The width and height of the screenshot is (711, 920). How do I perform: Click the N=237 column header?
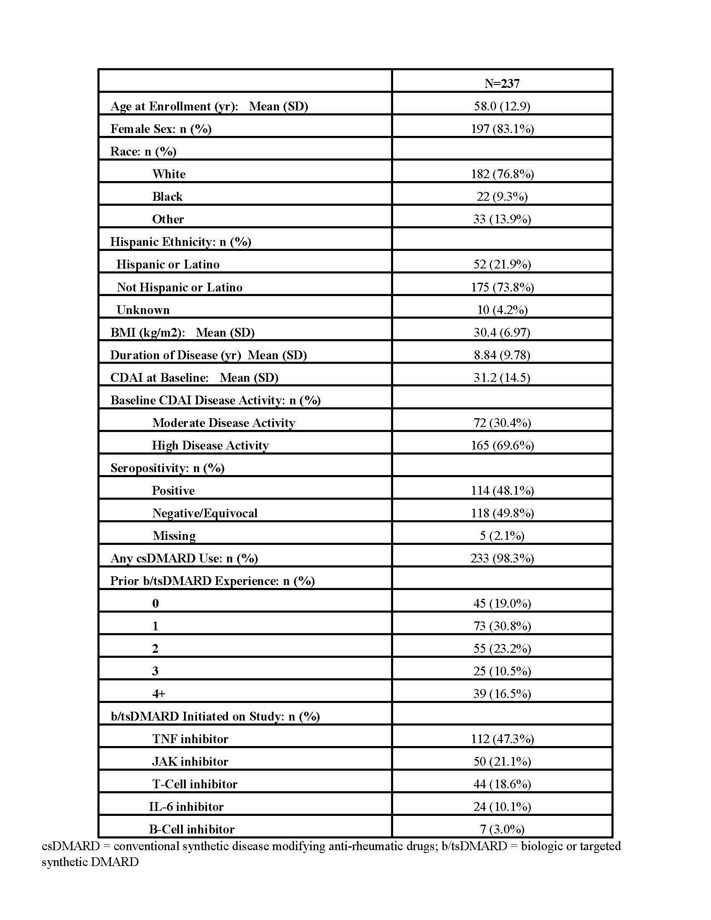pos(501,83)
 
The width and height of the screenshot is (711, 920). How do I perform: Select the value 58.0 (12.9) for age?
pos(501,106)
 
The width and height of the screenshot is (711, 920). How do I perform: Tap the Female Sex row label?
pos(161,129)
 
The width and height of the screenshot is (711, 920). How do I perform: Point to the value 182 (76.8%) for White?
pos(502,174)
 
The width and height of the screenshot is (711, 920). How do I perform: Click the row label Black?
pos(167,197)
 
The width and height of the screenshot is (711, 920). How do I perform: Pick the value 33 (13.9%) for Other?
pos(501,219)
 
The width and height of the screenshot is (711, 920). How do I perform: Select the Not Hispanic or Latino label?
pos(179,287)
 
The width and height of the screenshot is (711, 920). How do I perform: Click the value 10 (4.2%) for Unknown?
pos(501,310)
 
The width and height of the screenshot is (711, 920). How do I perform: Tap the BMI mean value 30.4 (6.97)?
pos(501,333)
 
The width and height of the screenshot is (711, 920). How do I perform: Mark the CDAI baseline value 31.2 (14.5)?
pos(501,378)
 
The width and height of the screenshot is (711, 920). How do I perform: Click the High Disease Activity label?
pos(210,446)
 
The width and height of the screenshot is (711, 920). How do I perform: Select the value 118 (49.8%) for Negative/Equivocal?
pos(502,513)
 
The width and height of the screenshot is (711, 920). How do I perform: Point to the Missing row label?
pos(174,536)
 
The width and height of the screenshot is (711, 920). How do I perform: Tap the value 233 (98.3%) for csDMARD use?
pos(502,559)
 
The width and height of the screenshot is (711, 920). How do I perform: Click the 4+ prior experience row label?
pos(159,694)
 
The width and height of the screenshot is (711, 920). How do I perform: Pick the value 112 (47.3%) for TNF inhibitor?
pos(502,739)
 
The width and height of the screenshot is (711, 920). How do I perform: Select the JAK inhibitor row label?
pos(190,762)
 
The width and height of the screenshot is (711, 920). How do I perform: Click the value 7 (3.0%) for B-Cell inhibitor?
pos(501,829)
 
